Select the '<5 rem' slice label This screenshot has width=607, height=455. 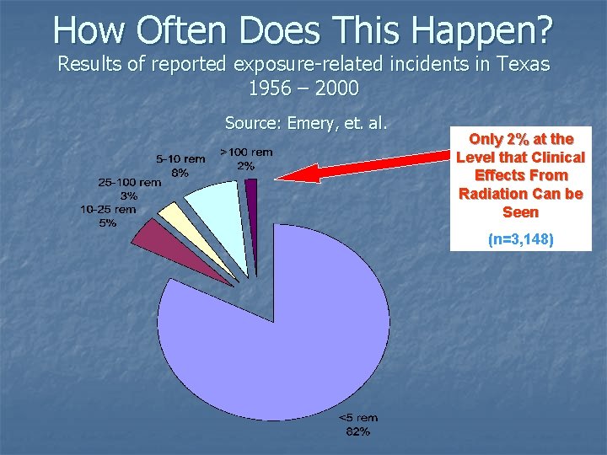[357, 417]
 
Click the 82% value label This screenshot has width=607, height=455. [357, 431]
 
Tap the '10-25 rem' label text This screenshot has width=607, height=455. [108, 210]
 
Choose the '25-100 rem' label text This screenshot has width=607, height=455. [129, 182]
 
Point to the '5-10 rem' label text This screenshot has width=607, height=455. [180, 158]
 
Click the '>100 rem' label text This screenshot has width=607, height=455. [246, 153]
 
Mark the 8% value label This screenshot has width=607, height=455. [180, 172]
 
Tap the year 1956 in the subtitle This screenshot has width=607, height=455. [271, 87]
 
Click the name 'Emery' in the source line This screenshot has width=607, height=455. [310, 123]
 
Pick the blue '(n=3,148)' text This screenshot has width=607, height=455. [521, 239]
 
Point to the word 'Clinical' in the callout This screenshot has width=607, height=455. [558, 157]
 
